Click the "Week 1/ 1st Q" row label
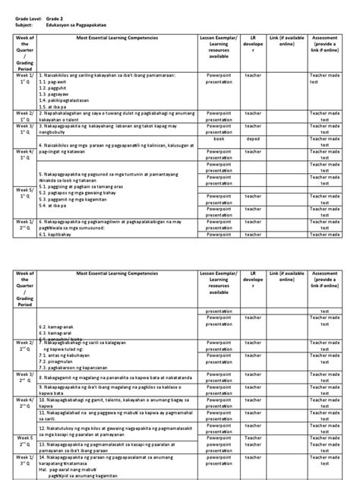21,77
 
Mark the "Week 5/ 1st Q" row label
21,193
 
